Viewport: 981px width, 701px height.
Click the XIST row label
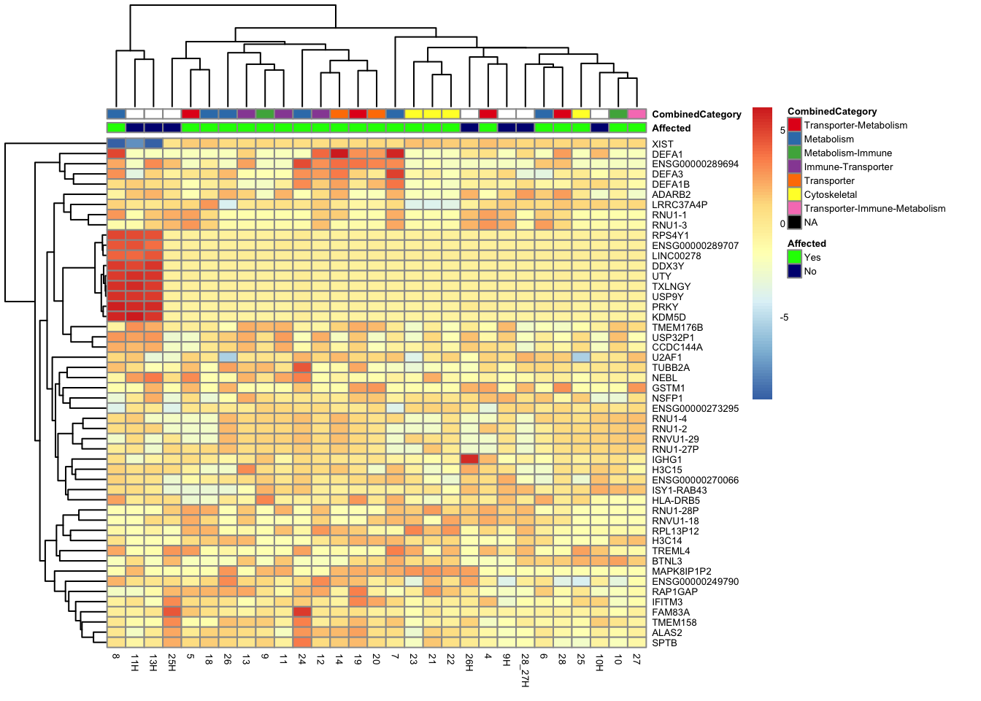(663, 145)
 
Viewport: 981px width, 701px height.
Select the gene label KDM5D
(669, 318)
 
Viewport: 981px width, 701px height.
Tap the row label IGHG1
(667, 460)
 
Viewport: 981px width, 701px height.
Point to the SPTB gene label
(664, 643)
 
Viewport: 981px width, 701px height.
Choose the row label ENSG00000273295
(695, 409)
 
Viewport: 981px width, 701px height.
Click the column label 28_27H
(526, 670)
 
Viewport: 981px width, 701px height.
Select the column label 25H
(172, 662)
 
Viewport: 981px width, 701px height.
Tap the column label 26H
(470, 662)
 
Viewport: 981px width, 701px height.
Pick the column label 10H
(599, 662)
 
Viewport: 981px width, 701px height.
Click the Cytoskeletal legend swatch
(794, 195)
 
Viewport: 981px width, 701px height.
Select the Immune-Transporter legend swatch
(794, 167)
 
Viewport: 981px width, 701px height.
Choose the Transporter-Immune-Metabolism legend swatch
(794, 209)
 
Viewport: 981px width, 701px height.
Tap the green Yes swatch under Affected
(794, 258)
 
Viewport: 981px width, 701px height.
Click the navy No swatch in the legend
(794, 272)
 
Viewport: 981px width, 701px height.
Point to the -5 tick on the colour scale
(784, 318)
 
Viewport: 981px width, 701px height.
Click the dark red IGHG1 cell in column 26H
(470, 459)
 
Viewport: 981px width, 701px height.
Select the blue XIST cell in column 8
(116, 144)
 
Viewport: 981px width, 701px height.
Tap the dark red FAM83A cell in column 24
(302, 612)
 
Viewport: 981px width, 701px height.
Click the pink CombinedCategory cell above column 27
(637, 114)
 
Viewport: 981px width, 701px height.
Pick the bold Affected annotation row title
(671, 129)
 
